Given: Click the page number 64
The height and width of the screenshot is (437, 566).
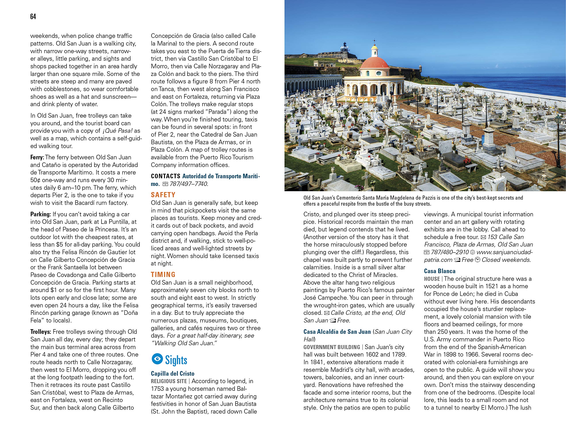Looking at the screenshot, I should coord(33,17).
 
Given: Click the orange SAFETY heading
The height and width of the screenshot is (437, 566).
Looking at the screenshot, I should coord(163,195).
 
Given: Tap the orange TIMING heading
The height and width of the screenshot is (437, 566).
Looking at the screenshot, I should coord(163,274).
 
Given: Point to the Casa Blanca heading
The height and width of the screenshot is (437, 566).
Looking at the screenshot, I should coord(440,271).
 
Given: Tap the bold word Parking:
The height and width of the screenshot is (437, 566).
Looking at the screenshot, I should coord(40,214).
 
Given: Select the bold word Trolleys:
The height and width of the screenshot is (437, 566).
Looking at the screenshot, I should coord(40,332).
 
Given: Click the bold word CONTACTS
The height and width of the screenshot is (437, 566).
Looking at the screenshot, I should coord(165,176).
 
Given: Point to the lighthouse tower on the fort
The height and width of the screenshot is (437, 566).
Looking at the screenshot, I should coord(345,46).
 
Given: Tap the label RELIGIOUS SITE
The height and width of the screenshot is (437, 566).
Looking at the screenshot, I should coord(169,381).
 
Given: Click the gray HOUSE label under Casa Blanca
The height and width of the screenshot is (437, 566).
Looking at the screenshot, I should coord(432,279).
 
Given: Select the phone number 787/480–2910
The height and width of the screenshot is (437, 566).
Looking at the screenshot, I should coord(450,252).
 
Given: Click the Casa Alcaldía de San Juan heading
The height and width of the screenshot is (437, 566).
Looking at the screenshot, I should coord(337,332).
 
